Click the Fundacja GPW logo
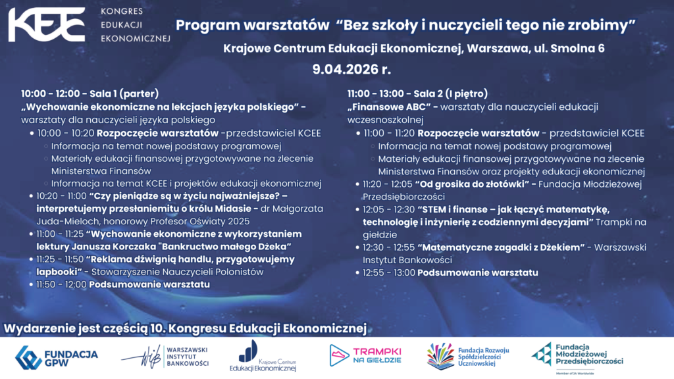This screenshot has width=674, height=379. tap(57, 358)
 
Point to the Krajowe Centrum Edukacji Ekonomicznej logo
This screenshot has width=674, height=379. tap(263, 358)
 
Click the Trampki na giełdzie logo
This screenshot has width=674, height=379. tap(365, 356)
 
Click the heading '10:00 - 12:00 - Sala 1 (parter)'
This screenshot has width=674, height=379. tap(90, 93)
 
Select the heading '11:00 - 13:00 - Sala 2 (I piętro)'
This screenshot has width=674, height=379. tap(417, 93)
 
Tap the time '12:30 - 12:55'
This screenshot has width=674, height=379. tap(389, 247)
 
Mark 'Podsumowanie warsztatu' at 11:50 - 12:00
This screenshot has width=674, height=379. tap(149, 284)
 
